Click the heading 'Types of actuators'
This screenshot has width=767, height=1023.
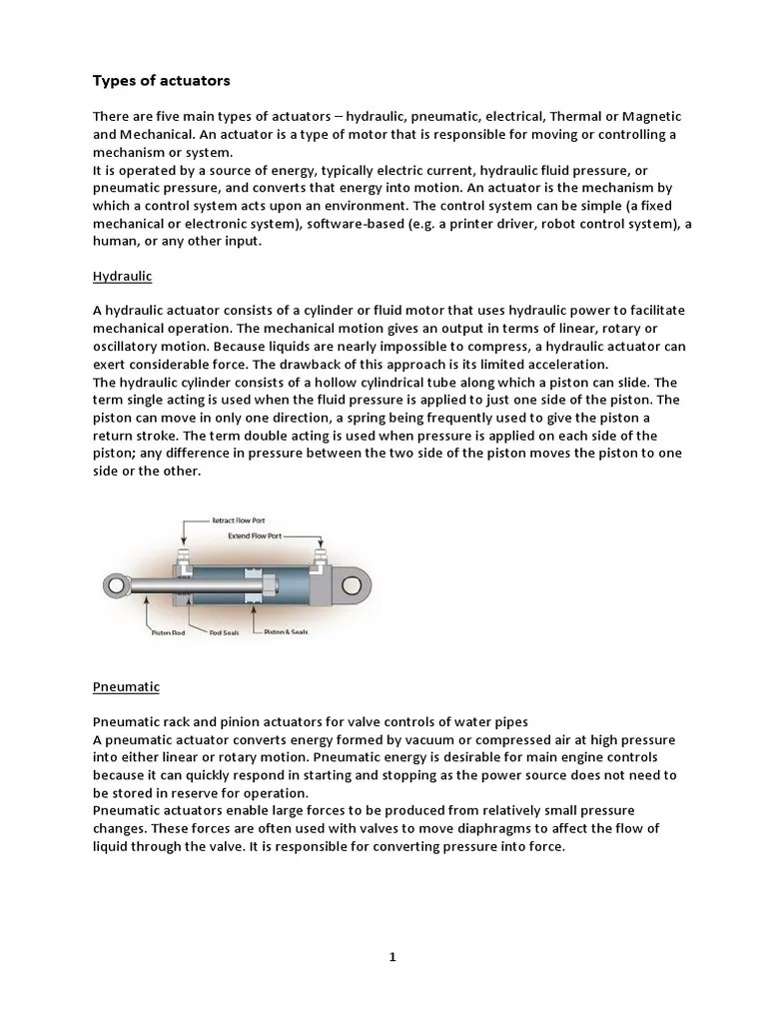(161, 79)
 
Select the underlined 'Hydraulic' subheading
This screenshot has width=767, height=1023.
(122, 274)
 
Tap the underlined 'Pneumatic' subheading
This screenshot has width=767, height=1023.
(126, 687)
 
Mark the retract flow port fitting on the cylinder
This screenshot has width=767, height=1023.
(183, 555)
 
